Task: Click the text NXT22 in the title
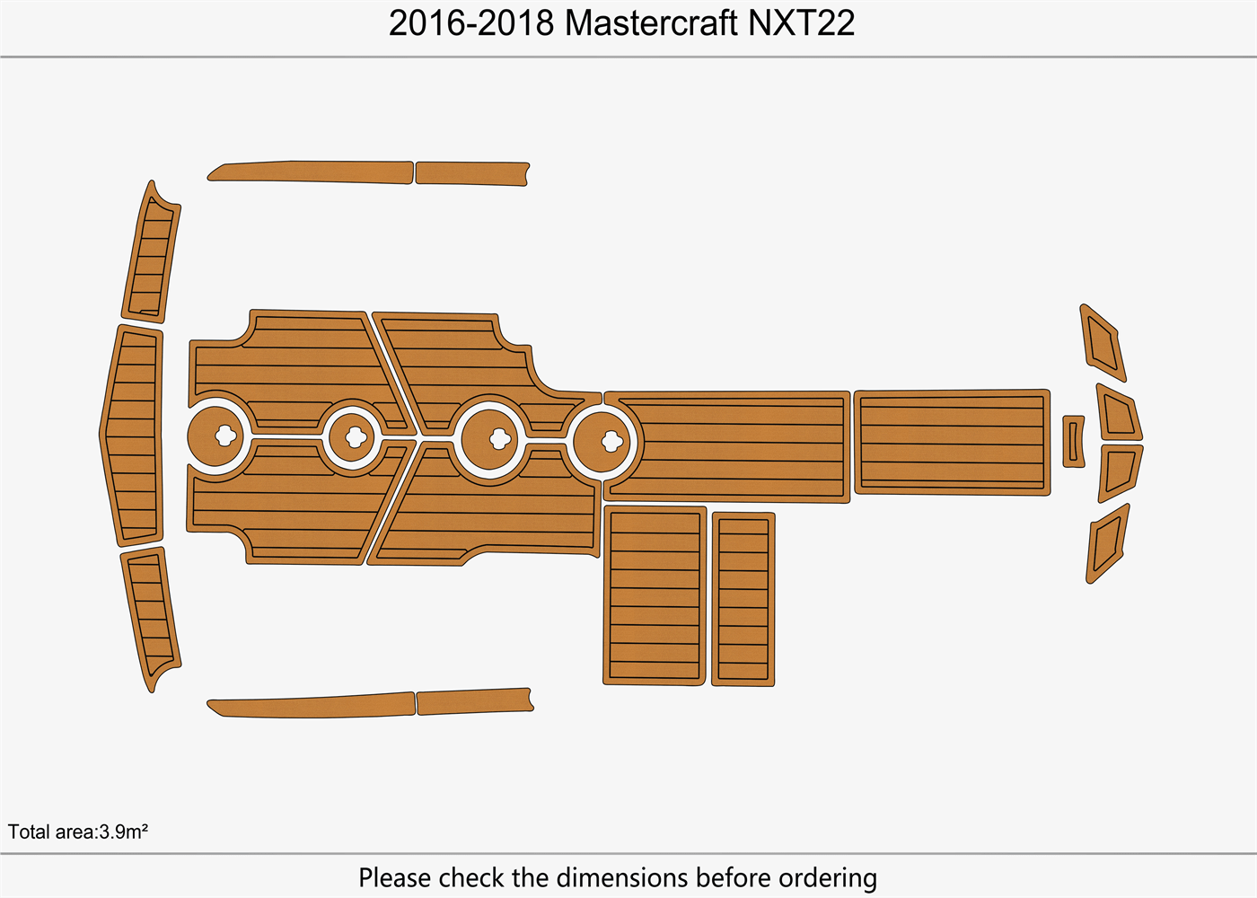pyautogui.click(x=801, y=23)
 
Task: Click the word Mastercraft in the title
pyautogui.click(x=651, y=23)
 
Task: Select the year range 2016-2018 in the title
pyautogui.click(x=471, y=23)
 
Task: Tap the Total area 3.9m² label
pyautogui.click(x=78, y=832)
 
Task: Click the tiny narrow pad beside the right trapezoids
pyautogui.click(x=1073, y=441)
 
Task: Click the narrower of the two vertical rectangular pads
pyautogui.click(x=743, y=599)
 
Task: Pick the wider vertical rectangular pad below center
pyautogui.click(x=655, y=595)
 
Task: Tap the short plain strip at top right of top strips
pyautogui.click(x=471, y=173)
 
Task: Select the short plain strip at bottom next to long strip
pyautogui.click(x=474, y=700)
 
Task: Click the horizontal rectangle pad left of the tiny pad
pyautogui.click(x=951, y=442)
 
